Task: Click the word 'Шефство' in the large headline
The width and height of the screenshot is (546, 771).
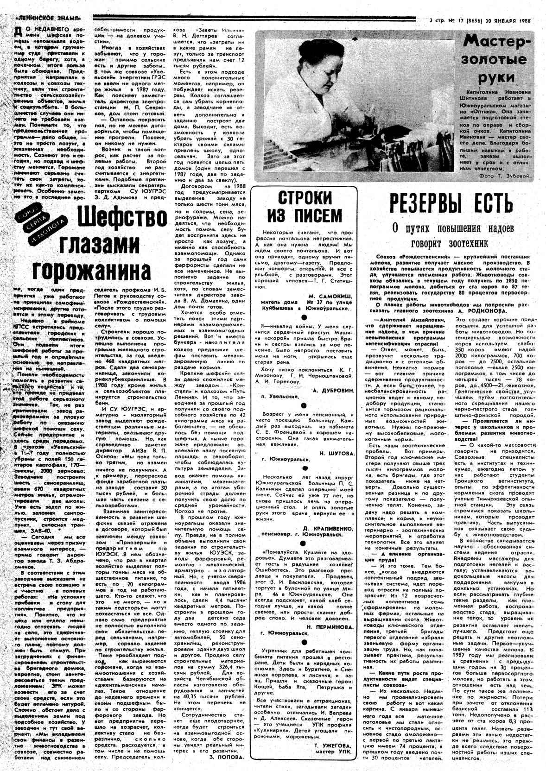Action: [122, 217]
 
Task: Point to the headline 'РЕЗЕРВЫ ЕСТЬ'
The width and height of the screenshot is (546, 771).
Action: [451, 203]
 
